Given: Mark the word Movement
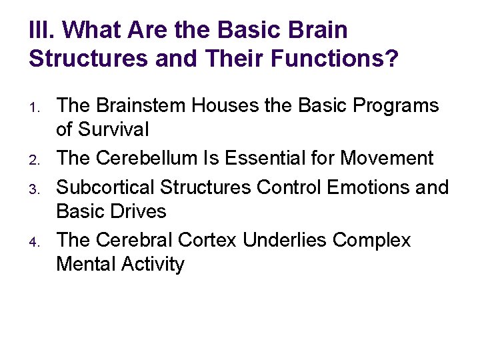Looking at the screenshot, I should (x=387, y=158).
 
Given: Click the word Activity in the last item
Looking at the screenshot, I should (x=153, y=264).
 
